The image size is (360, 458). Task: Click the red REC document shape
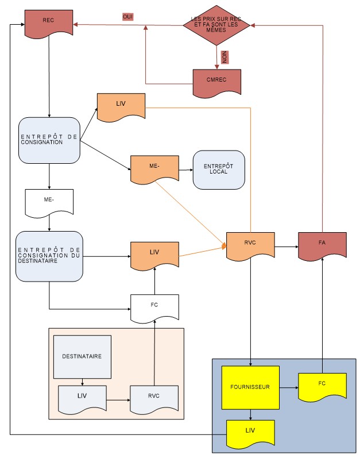(x=49, y=23)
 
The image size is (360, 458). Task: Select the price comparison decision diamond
(x=216, y=25)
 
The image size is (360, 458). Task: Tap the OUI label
(x=128, y=17)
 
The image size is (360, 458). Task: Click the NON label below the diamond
(x=224, y=57)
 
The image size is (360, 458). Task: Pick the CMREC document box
(x=217, y=83)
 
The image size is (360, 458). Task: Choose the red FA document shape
(x=322, y=245)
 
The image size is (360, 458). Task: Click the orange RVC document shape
(x=250, y=245)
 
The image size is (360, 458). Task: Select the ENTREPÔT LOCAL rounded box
(x=219, y=170)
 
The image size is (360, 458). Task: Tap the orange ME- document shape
(x=154, y=169)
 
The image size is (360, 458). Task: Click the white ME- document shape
(x=49, y=203)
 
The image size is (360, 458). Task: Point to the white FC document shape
(x=154, y=308)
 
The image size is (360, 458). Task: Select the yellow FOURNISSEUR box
(x=250, y=387)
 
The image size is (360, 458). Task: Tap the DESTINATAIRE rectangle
(x=82, y=357)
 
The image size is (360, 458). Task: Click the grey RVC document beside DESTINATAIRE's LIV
(x=154, y=399)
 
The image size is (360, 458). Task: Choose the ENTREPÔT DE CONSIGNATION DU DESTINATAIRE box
(x=49, y=256)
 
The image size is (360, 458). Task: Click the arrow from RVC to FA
(x=287, y=247)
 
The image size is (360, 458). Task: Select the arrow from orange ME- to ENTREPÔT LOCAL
(x=186, y=170)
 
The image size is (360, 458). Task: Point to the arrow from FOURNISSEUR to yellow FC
(x=289, y=388)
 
